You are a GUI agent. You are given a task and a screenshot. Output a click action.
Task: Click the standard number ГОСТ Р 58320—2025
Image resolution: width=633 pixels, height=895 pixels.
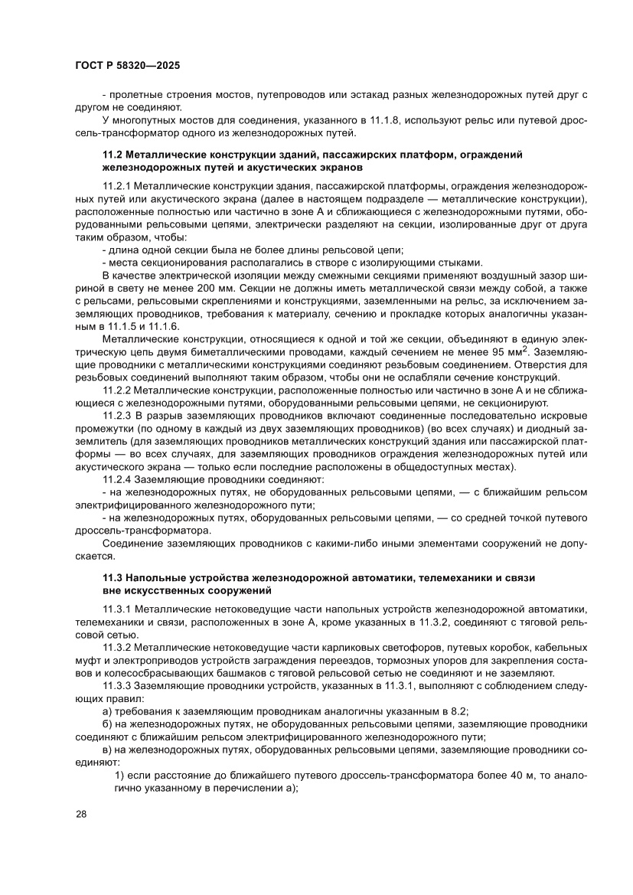127,66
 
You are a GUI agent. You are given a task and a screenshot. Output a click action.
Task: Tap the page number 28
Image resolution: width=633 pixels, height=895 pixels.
81,814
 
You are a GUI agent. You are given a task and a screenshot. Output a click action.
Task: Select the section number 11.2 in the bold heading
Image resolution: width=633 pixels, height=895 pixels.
113,155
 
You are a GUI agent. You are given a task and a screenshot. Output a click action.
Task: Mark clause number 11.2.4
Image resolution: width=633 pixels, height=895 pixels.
119,479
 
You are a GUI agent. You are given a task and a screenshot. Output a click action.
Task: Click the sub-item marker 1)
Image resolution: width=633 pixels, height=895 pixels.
119,776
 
